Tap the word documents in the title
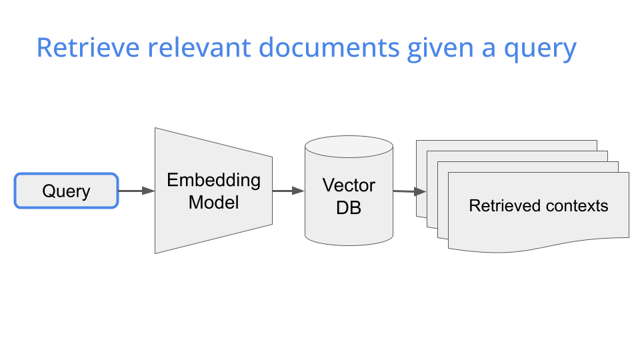(329, 49)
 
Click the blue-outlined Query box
(66, 191)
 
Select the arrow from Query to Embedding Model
(136, 191)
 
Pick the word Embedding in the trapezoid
(213, 180)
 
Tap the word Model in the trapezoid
(213, 202)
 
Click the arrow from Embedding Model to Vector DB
(288, 191)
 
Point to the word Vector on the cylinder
(349, 185)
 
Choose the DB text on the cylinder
(349, 207)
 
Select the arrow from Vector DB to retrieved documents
(409, 192)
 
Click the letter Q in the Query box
(48, 191)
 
